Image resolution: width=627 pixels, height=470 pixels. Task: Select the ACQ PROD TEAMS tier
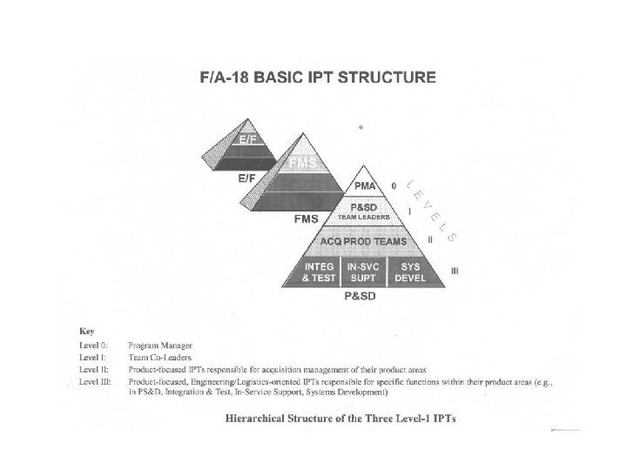pyautogui.click(x=369, y=240)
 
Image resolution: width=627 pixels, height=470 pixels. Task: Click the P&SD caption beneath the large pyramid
pyautogui.click(x=361, y=297)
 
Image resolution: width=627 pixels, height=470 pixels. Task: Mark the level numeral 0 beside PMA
pyautogui.click(x=394, y=185)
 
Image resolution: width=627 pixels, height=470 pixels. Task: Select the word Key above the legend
pyautogui.click(x=86, y=331)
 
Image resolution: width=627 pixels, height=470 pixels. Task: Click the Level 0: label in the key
pyautogui.click(x=93, y=346)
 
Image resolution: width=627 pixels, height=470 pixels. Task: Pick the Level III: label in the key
pyautogui.click(x=95, y=380)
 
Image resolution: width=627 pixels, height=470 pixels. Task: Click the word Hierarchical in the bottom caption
pyautogui.click(x=260, y=418)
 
